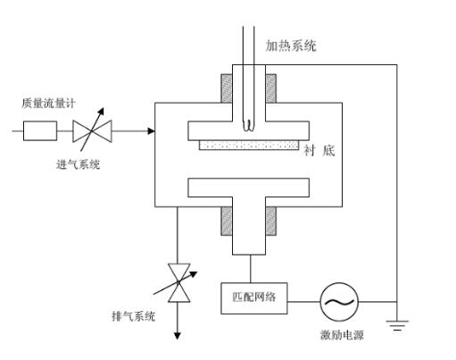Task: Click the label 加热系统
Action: pyautogui.click(x=290, y=46)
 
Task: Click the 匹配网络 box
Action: pyautogui.click(x=254, y=297)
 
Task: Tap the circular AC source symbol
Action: pyautogui.click(x=339, y=302)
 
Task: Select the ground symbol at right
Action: pyautogui.click(x=397, y=324)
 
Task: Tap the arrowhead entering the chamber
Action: pyautogui.click(x=150, y=132)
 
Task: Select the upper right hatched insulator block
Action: pyautogui.click(x=270, y=88)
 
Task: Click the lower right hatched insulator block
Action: pyautogui.click(x=270, y=220)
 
